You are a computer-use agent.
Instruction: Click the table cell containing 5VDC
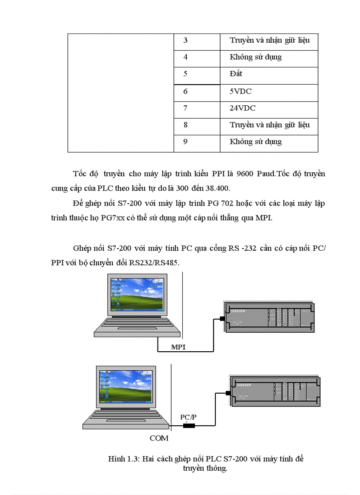[x=269, y=92]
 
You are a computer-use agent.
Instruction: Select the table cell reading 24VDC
[x=269, y=108]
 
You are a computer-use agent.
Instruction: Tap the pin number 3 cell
[x=197, y=41]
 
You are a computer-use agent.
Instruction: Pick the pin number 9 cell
[x=197, y=142]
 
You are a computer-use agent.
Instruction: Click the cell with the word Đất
[x=269, y=74]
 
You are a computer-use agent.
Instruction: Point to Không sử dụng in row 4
[x=269, y=57]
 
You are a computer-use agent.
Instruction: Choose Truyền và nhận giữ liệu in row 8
[x=269, y=125]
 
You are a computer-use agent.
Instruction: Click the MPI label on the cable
[x=178, y=347]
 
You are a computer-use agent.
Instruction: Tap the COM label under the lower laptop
[x=159, y=438]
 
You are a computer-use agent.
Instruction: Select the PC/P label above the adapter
[x=189, y=417]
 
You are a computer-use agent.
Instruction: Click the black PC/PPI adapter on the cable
[x=189, y=425]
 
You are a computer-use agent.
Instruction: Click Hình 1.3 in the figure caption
[x=121, y=459]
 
